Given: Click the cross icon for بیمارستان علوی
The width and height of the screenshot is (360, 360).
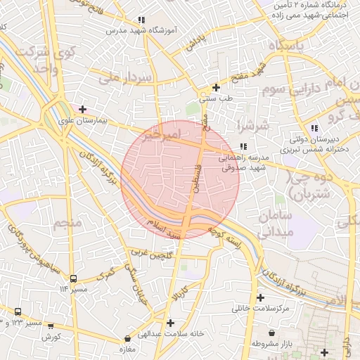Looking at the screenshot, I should point(83,109).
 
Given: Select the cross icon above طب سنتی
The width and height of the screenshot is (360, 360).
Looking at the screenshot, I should point(216,88).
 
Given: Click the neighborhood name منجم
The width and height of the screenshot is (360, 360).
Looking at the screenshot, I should point(67,223).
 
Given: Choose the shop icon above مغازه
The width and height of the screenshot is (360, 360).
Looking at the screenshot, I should point(127,339).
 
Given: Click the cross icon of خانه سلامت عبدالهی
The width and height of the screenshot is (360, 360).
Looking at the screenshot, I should point(171,323).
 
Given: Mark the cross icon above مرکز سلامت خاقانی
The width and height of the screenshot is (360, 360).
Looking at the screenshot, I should point(261,298).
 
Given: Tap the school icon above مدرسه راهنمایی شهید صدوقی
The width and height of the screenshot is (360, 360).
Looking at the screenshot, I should point(243,146).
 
